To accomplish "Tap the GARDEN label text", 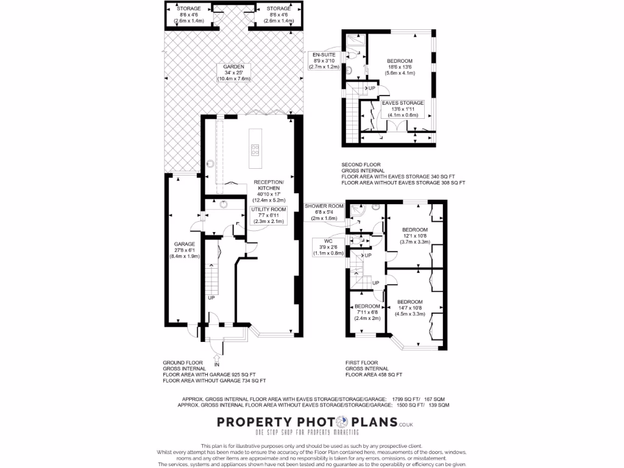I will pyautogui.click(x=233, y=66).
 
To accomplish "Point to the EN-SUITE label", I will pyautogui.click(x=324, y=54).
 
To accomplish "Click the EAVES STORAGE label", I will pyautogui.click(x=403, y=103).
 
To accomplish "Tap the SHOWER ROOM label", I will pyautogui.click(x=324, y=206).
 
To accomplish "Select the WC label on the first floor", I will pyautogui.click(x=328, y=241).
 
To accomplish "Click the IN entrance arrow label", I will pyautogui.click(x=217, y=364).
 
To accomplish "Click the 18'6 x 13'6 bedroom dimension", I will pyautogui.click(x=400, y=67).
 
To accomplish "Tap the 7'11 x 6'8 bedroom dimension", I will pyautogui.click(x=367, y=312).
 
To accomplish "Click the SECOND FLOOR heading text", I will pyautogui.click(x=361, y=165).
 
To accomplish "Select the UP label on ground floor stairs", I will pyautogui.click(x=211, y=298).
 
